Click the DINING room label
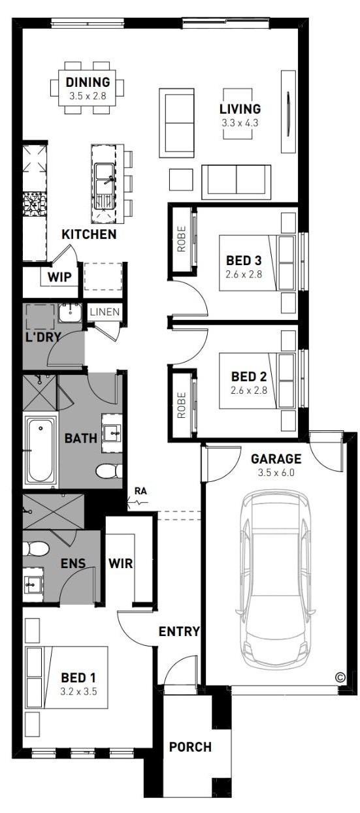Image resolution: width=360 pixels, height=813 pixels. pyautogui.click(x=88, y=82)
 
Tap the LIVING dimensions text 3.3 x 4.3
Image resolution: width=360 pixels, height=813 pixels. pyautogui.click(x=240, y=123)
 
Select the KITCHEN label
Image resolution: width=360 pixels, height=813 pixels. pyautogui.click(x=89, y=234)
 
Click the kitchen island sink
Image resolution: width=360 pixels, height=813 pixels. pyautogui.click(x=105, y=186)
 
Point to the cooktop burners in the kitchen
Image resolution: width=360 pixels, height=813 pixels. pyautogui.click(x=35, y=203)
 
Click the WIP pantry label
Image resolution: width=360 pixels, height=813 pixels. pyautogui.click(x=59, y=278)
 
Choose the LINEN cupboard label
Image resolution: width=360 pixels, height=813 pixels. pyautogui.click(x=105, y=311)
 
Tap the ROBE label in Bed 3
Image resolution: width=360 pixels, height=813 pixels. pyautogui.click(x=181, y=239)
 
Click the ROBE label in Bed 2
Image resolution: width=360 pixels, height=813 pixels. pyautogui.click(x=181, y=405)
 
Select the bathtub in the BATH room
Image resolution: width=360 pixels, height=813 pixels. pyautogui.click(x=41, y=450)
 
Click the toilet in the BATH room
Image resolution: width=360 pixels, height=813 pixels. pyautogui.click(x=108, y=471)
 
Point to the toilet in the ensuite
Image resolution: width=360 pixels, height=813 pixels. pyautogui.click(x=35, y=549)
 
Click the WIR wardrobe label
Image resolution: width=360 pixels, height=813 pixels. pyautogui.click(x=121, y=564)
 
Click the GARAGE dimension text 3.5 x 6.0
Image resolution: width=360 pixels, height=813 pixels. pyautogui.click(x=276, y=473)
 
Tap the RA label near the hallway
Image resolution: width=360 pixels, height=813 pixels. pyautogui.click(x=140, y=491)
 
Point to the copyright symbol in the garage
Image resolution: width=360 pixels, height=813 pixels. pyautogui.click(x=340, y=677)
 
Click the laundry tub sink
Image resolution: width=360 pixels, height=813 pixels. pyautogui.click(x=70, y=313)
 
